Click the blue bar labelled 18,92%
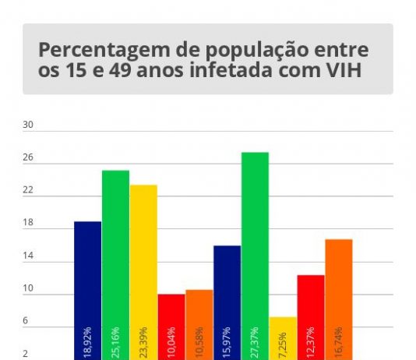[87, 291]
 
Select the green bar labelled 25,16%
[115, 265]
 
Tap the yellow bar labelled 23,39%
[143, 273]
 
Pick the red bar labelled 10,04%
[171, 326]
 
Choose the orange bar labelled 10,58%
[199, 325]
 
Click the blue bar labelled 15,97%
[227, 302]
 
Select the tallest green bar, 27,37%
[255, 256]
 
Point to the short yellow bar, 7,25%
[283, 338]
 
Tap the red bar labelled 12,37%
[311, 318]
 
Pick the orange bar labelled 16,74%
[339, 299]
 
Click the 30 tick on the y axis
[28, 125]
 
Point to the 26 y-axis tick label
[28, 157]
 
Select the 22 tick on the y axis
[28, 190]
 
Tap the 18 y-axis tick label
[28, 222]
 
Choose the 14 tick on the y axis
[28, 256]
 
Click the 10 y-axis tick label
[28, 288]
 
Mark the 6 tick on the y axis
[25, 320]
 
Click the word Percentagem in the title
[104, 50]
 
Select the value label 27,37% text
[254, 343]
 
